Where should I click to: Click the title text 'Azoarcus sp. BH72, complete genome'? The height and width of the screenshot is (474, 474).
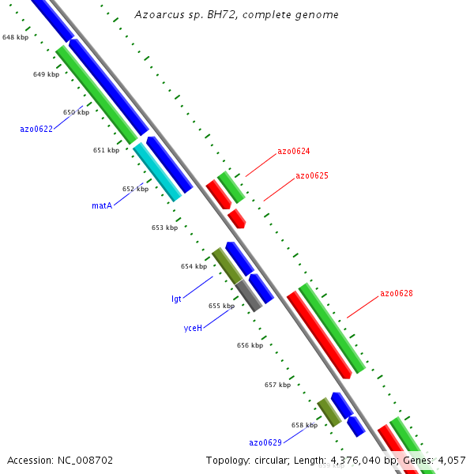pyautogui.click(x=236, y=14)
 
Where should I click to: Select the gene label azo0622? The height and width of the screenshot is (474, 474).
pyautogui.click(x=36, y=129)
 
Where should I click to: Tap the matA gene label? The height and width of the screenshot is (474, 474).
pyautogui.click(x=102, y=205)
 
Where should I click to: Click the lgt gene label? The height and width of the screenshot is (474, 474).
pyautogui.click(x=176, y=299)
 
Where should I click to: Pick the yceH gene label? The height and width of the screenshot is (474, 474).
pyautogui.click(x=193, y=327)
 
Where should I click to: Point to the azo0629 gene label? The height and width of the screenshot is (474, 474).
pyautogui.click(x=265, y=442)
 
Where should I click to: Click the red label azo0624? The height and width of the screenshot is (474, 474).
pyautogui.click(x=293, y=151)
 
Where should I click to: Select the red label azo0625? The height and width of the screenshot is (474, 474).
pyautogui.click(x=312, y=176)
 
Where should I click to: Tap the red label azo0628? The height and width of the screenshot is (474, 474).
pyautogui.click(x=397, y=293)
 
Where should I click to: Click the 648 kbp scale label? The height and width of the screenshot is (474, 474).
pyautogui.click(x=15, y=37)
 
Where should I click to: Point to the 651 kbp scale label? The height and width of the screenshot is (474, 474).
pyautogui.click(x=106, y=150)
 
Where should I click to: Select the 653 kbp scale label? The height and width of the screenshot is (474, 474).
pyautogui.click(x=164, y=228)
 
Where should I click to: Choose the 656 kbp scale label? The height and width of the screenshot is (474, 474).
pyautogui.click(x=250, y=345)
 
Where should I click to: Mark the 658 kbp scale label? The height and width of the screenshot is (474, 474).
pyautogui.click(x=304, y=425)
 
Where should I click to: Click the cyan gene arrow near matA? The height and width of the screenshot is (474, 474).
pyautogui.click(x=156, y=171)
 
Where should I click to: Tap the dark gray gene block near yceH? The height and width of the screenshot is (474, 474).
pyautogui.click(x=248, y=295)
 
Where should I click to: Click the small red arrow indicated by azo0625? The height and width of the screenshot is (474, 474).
pyautogui.click(x=236, y=218)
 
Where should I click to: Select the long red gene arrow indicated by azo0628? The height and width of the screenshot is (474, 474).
pyautogui.click(x=318, y=335)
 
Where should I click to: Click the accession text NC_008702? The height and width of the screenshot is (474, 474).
pyautogui.click(x=60, y=460)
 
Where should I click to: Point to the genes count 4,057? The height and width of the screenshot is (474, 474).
pyautogui.click(x=450, y=460)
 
